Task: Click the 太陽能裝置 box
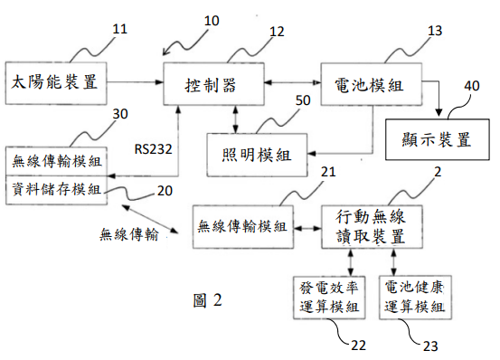pyautogui.click(x=56, y=83)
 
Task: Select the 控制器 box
pyautogui.click(x=213, y=84)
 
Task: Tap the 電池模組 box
pyautogui.click(x=372, y=84)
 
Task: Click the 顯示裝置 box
pyautogui.click(x=438, y=139)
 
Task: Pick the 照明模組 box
pyautogui.click(x=257, y=155)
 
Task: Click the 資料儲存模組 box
pyautogui.click(x=56, y=190)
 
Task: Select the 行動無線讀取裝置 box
pyautogui.click(x=372, y=227)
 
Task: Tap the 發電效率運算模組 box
pyautogui.click(x=329, y=298)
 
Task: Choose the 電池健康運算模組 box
pyautogui.click(x=415, y=298)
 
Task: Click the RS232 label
pyautogui.click(x=153, y=149)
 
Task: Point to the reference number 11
pyautogui.click(x=120, y=29)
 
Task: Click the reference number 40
pyautogui.click(x=472, y=86)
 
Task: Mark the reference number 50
pyautogui.click(x=303, y=100)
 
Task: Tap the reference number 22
pyautogui.click(x=358, y=346)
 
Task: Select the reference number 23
pyautogui.click(x=430, y=346)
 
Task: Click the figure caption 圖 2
pyautogui.click(x=207, y=300)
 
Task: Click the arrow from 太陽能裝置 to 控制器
pyautogui.click(x=135, y=82)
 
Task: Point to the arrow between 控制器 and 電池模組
pyautogui.click(x=292, y=82)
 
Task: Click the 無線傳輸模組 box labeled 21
pyautogui.click(x=243, y=227)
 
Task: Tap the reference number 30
pyautogui.click(x=120, y=114)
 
